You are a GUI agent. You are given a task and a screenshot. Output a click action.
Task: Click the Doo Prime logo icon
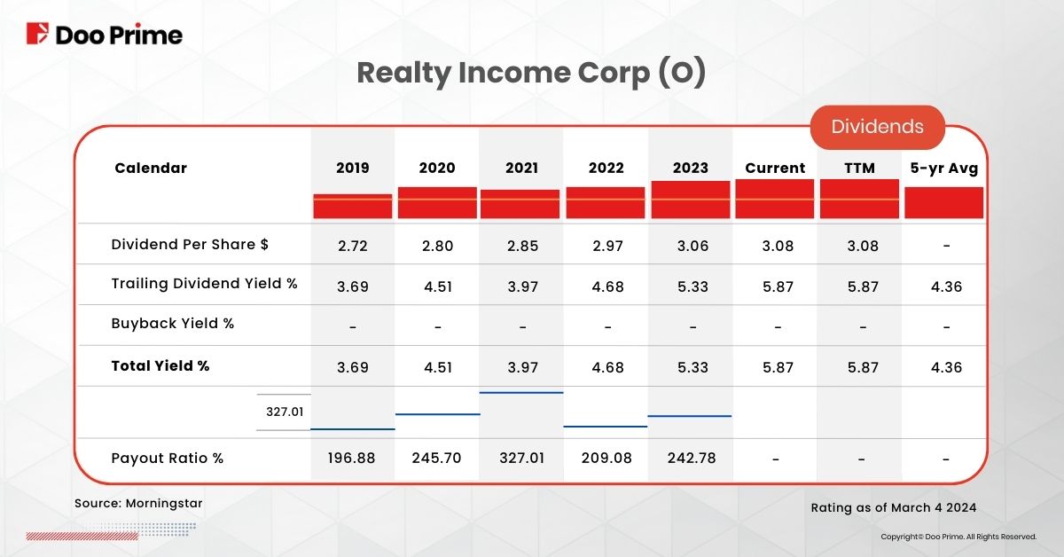coord(38,35)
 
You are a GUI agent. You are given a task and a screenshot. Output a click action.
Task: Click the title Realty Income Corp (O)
coord(531,74)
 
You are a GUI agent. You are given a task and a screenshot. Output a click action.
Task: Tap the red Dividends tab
coord(877,127)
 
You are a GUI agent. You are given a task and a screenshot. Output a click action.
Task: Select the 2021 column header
coord(521,168)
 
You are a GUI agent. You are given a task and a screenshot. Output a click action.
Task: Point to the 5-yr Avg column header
coord(945,168)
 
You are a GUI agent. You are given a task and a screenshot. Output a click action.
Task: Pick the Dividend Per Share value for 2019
coord(353,246)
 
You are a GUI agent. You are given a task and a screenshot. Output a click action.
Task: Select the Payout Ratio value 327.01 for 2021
coord(521,459)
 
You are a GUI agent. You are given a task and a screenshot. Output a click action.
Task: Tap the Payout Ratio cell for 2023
coord(692,459)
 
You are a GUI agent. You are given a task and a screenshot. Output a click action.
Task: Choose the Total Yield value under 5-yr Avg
coord(945,365)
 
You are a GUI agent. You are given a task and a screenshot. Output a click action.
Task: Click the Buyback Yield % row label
coord(173,324)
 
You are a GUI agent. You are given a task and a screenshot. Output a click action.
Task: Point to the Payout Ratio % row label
coord(168,459)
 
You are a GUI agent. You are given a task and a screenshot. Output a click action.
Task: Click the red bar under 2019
coord(352,206)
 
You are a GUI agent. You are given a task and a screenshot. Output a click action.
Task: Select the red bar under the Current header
coord(774,199)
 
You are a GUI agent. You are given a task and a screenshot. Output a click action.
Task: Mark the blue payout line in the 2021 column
coord(521,392)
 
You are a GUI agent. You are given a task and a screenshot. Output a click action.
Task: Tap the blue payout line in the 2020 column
coord(437,413)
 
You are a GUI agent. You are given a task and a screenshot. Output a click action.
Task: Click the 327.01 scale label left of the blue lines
coord(284,412)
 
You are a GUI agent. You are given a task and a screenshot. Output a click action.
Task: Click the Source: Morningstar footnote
coord(138,504)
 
